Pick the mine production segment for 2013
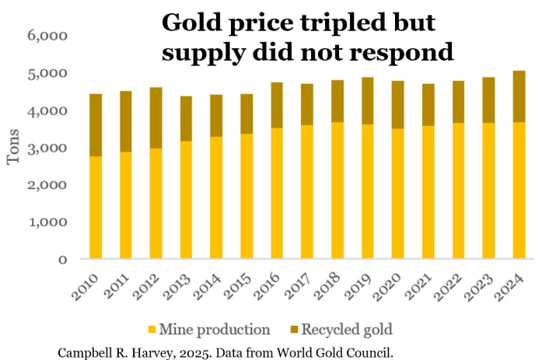(187, 199)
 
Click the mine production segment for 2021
(428, 191)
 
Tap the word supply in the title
(198, 53)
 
